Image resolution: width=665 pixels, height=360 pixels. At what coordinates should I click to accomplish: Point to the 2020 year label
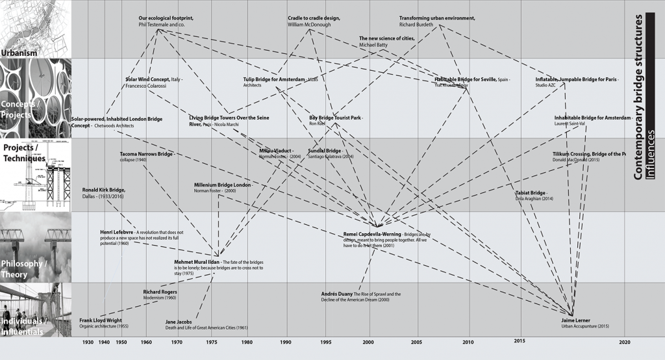[x=625, y=342]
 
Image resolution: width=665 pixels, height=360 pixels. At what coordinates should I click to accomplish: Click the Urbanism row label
[x=19, y=53]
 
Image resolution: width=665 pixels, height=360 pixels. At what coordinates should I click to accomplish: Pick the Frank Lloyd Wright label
[x=101, y=320]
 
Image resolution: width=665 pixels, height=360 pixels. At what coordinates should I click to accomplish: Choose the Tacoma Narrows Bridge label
[x=146, y=155]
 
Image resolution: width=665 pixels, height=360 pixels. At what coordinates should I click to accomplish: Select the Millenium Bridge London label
[x=223, y=185]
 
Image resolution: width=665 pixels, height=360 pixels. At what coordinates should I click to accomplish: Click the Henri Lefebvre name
[x=116, y=231]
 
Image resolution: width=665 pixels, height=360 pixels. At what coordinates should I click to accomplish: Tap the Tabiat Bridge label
[x=530, y=193]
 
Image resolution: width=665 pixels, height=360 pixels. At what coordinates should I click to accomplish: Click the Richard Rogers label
[x=160, y=292]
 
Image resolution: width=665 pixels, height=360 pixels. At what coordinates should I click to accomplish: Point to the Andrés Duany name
[x=336, y=294]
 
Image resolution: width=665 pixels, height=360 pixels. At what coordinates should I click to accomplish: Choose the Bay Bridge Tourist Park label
[x=334, y=118]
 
